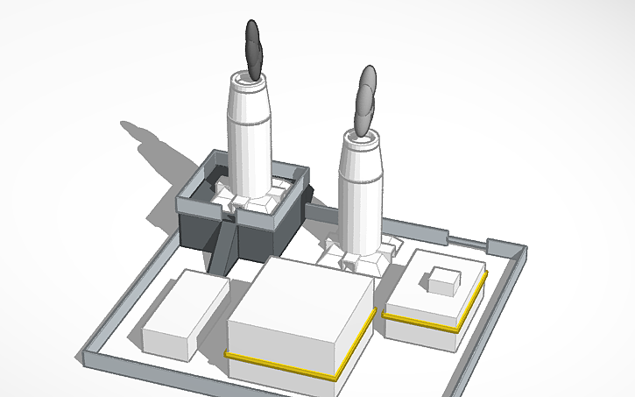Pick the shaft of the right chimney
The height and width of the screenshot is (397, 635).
[x=360, y=193]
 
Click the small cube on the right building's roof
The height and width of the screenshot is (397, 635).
[x=444, y=280]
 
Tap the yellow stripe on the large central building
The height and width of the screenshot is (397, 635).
[x=280, y=365]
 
